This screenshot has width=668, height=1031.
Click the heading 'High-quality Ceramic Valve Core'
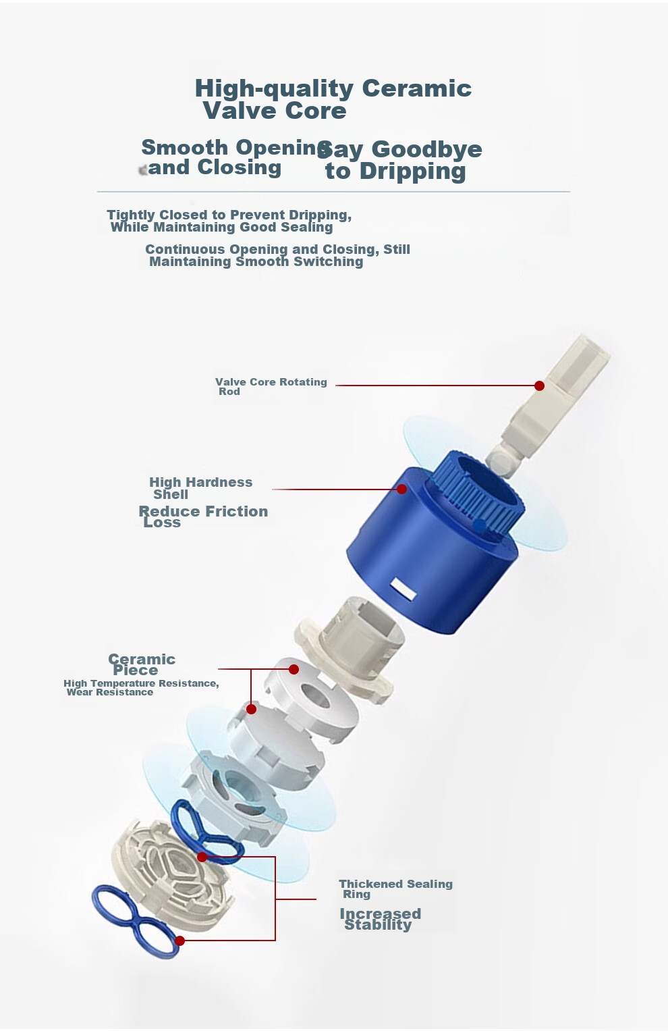(x=333, y=99)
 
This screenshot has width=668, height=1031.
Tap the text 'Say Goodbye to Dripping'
(x=400, y=160)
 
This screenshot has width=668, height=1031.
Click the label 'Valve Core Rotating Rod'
(x=271, y=387)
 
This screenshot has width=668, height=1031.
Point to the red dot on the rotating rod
(x=540, y=386)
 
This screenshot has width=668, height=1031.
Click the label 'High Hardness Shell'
(x=200, y=488)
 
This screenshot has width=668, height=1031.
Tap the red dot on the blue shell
(x=401, y=489)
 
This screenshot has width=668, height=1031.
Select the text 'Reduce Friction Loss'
(x=203, y=517)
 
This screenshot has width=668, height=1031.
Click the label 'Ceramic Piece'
(x=142, y=664)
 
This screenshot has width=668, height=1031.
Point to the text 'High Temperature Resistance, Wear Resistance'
(x=141, y=687)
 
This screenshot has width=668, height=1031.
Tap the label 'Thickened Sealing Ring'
(x=395, y=889)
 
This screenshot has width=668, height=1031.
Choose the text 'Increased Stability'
(x=380, y=919)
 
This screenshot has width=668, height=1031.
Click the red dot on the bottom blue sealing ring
(x=180, y=941)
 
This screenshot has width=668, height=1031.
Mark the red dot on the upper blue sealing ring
(x=202, y=857)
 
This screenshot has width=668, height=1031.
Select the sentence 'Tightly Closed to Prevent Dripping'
(x=229, y=215)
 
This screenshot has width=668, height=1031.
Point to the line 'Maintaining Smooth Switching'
(x=256, y=261)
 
